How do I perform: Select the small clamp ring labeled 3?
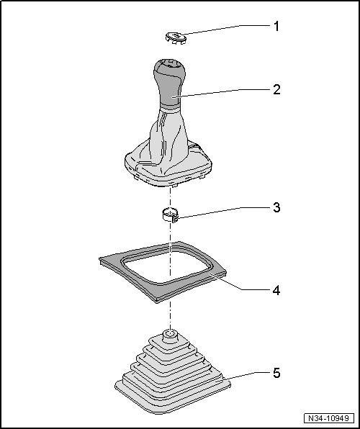tap(170, 214)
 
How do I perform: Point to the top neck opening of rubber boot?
tap(170, 333)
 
